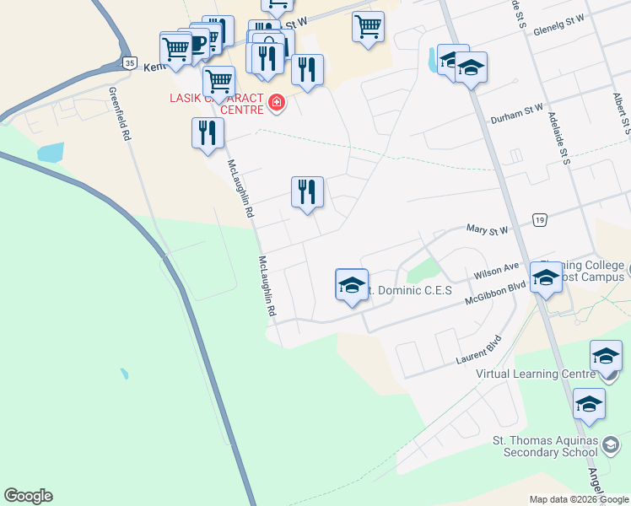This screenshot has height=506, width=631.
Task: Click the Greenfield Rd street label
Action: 119,113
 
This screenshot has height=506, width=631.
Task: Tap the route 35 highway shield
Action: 128,62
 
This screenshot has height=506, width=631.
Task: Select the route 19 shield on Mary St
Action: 540,220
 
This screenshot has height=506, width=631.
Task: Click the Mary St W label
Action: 488,229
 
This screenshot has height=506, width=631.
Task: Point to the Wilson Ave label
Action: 497,269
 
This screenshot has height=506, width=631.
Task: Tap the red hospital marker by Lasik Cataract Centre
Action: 275,104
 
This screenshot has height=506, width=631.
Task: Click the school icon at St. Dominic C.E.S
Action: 352,286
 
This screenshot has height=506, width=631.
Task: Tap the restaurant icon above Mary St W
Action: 307,192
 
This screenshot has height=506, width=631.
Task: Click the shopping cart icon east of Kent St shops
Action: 368,26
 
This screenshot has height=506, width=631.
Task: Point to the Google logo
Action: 28,496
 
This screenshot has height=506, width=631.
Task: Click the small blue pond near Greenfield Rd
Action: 51,152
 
